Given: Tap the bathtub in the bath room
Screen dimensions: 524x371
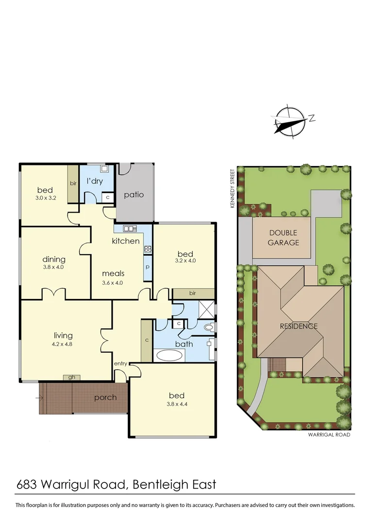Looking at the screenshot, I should click(x=169, y=355).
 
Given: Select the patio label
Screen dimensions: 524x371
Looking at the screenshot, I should click(x=134, y=195).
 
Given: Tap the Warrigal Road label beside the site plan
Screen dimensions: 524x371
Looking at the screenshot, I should click(x=329, y=435).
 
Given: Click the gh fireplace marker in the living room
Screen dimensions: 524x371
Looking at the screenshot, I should click(x=71, y=377).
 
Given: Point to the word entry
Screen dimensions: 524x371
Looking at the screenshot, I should click(x=120, y=364).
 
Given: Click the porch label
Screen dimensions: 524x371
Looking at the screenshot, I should click(x=105, y=397).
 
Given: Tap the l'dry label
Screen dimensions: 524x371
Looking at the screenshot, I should click(x=94, y=181).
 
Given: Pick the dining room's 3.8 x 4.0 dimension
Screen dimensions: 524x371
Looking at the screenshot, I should click(x=53, y=267).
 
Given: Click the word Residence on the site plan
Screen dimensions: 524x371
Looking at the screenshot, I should click(x=299, y=326).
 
